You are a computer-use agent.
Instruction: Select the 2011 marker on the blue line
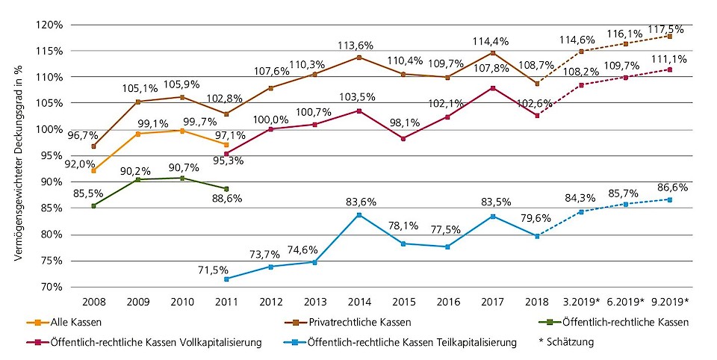(x=226, y=279)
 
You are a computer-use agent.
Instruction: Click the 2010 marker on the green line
(x=182, y=178)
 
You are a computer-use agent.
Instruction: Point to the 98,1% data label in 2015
(x=403, y=125)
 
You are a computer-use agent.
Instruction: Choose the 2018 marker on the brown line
(x=536, y=83)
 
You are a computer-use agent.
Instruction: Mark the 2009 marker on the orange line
(x=138, y=134)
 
